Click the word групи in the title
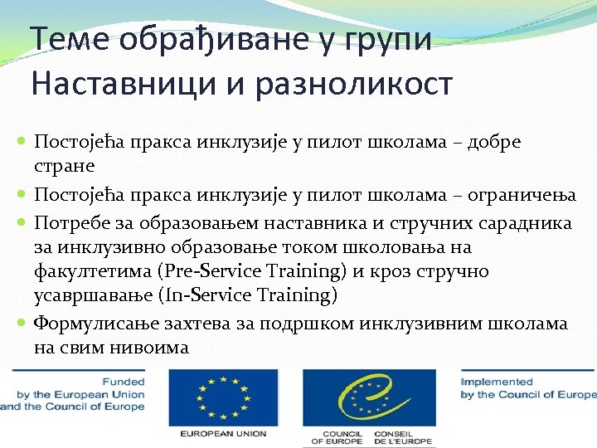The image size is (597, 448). click(391, 39)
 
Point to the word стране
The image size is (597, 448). click(66, 166)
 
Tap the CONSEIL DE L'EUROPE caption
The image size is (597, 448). click(404, 438)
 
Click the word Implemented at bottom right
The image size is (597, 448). click(497, 382)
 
